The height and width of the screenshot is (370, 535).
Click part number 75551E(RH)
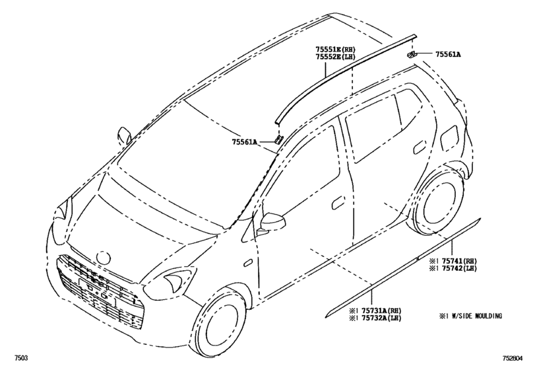pos(336,50)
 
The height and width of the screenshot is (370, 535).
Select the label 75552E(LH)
pos(336,57)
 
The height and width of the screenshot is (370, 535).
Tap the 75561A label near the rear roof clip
pos(448,54)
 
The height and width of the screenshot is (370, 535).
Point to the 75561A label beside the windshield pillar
pos(245,142)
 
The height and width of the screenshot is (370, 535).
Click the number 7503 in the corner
pos(21,358)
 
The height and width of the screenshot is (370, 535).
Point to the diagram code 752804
pos(512,358)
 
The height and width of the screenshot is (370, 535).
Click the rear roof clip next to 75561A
pos(411,54)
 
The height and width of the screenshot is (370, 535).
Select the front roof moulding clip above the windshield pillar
pos(278,139)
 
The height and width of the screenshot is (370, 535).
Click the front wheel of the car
pos(220,324)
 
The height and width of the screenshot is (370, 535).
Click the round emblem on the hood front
pos(104,256)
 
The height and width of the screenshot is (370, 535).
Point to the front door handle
pos(338,203)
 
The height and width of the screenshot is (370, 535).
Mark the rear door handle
pos(420,149)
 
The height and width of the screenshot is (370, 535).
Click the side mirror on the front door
pos(272,223)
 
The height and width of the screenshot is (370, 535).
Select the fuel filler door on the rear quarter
pos(449,136)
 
